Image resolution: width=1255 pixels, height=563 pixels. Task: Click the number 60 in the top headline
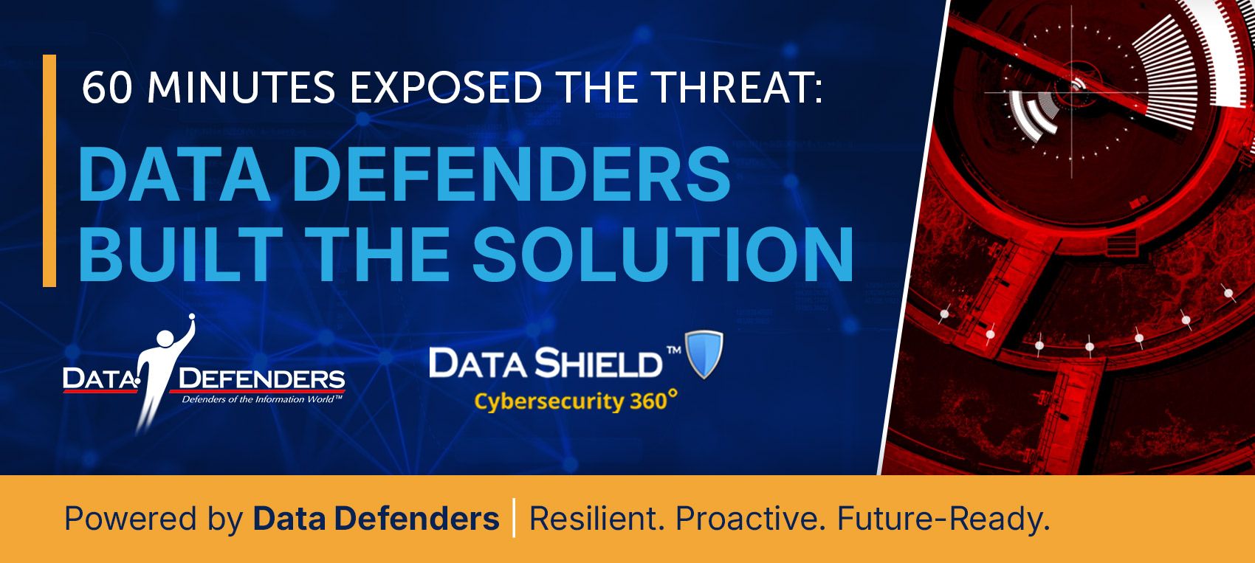[x=107, y=89]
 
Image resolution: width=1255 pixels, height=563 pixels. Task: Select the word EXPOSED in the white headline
[x=446, y=89]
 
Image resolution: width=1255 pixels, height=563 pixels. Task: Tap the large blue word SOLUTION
[x=662, y=255]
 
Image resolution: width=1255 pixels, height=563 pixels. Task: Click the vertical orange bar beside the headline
[x=49, y=170]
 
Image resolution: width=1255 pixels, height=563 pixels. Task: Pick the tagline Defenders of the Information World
[x=262, y=400]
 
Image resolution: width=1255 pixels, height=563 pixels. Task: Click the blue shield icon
[x=704, y=354]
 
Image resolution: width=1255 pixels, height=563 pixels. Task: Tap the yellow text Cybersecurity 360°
[x=575, y=401]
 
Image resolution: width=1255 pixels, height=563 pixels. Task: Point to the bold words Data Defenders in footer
[x=376, y=519]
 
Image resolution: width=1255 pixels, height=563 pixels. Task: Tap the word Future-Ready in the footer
[x=943, y=519]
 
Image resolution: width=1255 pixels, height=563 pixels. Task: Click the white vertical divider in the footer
[x=514, y=518]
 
